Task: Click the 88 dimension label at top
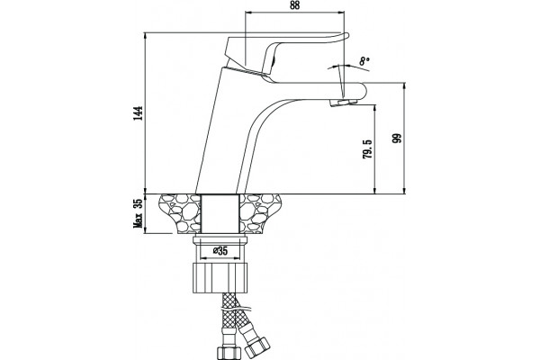click(x=294, y=5)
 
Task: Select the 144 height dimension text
click(x=139, y=113)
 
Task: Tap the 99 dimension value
click(x=397, y=138)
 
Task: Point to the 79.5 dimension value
click(x=367, y=148)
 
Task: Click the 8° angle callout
click(x=364, y=61)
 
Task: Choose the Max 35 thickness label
click(x=138, y=213)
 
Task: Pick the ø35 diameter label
click(x=220, y=251)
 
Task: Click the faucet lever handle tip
click(x=346, y=35)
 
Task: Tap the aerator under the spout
click(x=343, y=103)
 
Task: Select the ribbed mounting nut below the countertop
click(x=220, y=278)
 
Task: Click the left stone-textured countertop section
click(x=180, y=213)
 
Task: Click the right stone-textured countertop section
click(x=260, y=213)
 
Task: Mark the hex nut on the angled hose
click(x=257, y=346)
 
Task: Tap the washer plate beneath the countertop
click(x=220, y=240)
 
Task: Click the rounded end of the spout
click(x=363, y=91)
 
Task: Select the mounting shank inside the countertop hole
click(x=220, y=213)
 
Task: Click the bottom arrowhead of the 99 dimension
click(x=404, y=191)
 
